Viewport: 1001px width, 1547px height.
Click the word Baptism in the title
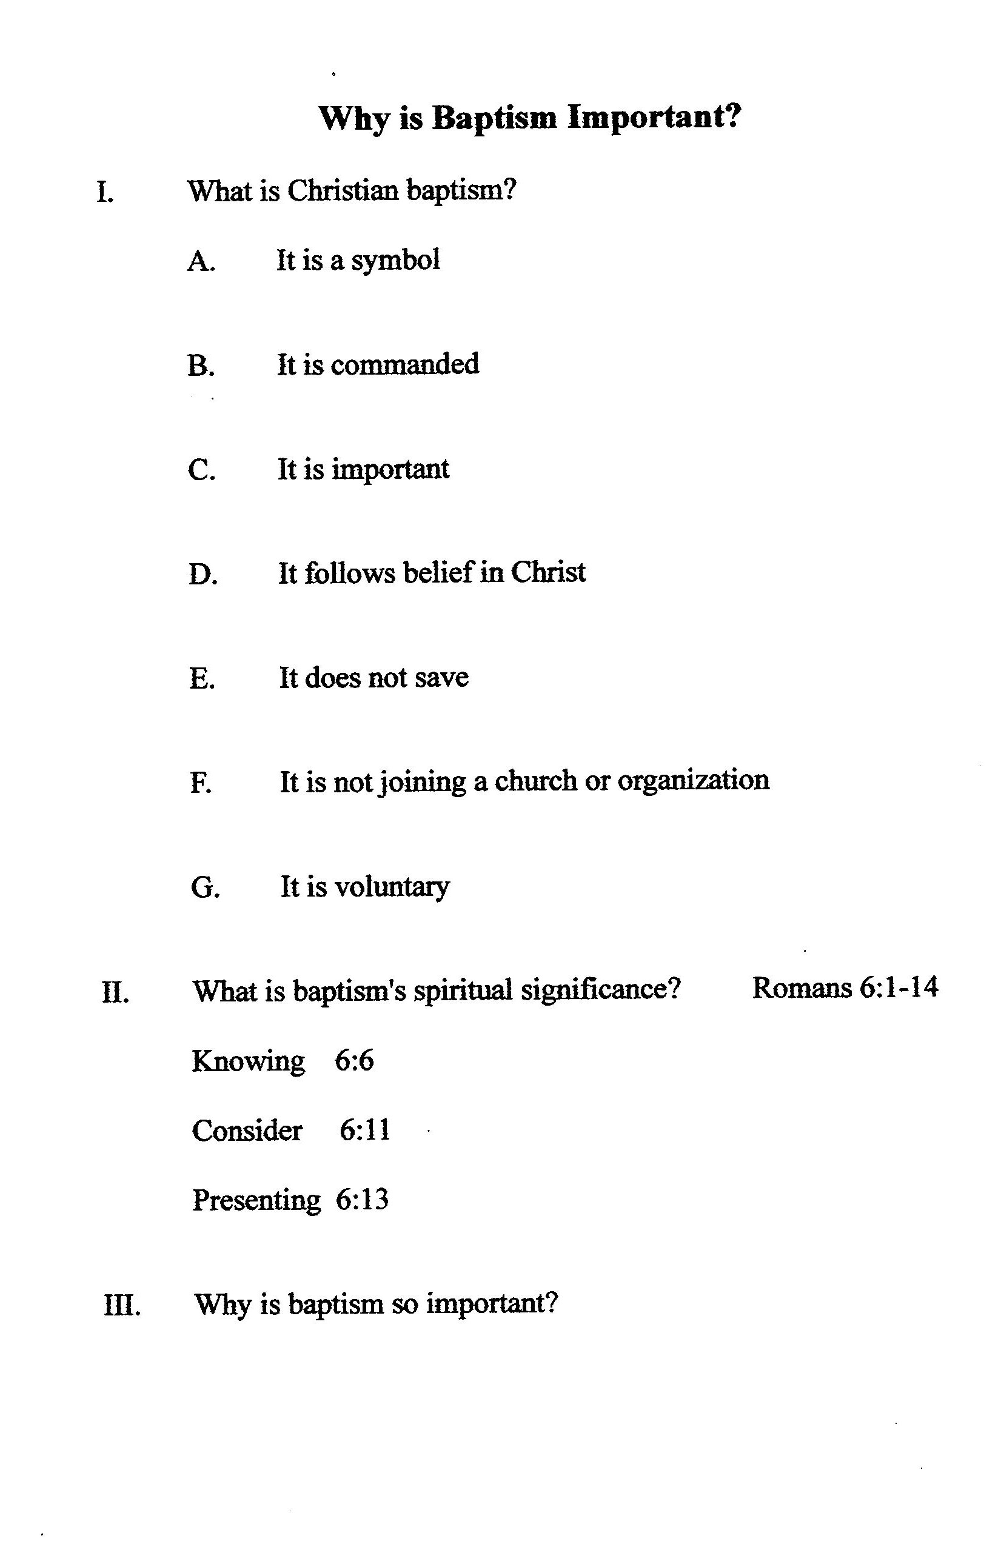(x=495, y=118)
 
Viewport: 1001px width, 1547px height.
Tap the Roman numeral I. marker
(x=105, y=192)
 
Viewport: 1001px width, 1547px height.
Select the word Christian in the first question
(x=343, y=191)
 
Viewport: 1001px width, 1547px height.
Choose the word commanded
(x=405, y=364)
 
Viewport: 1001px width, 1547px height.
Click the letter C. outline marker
(x=201, y=470)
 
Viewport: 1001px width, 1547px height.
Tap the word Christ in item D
(x=548, y=572)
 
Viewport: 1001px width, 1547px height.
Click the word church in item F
(x=535, y=780)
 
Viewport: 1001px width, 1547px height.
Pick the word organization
(x=693, y=781)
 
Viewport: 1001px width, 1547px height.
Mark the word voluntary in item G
(x=391, y=887)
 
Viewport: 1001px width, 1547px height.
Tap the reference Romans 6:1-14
(x=845, y=987)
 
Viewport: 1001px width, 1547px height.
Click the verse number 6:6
(x=354, y=1061)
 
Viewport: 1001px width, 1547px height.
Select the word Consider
(x=247, y=1131)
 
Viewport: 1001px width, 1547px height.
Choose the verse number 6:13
(x=362, y=1200)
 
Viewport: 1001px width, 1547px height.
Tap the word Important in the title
(x=654, y=118)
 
